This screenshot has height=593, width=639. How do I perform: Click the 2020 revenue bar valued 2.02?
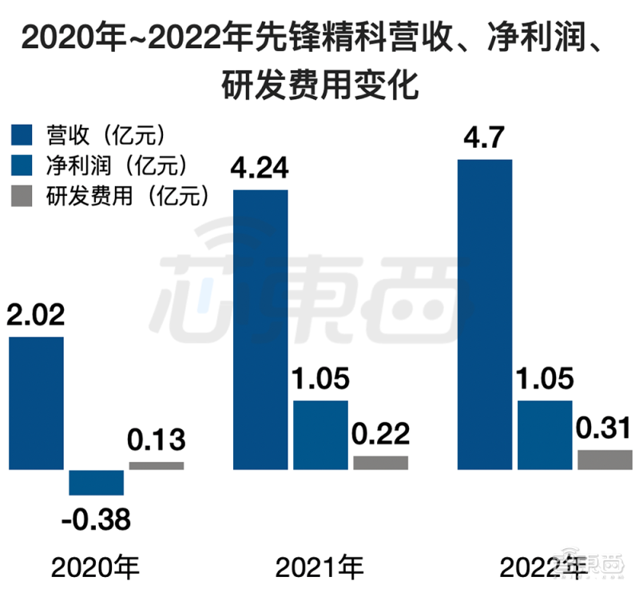click(36, 403)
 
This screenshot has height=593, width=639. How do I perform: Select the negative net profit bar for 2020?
click(96, 482)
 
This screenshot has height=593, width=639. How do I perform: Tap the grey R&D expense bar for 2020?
click(157, 465)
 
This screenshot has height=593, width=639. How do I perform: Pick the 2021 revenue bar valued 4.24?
click(260, 329)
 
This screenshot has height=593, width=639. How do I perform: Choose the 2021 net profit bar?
click(320, 435)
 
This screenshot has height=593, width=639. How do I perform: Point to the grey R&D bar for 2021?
click(380, 462)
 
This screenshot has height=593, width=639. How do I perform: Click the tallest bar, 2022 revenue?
click(484, 314)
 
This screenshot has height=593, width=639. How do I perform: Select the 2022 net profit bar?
click(545, 435)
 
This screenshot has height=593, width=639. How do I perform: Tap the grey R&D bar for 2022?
click(604, 460)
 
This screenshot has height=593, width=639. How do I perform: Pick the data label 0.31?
click(604, 429)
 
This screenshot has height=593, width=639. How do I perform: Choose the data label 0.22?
click(380, 434)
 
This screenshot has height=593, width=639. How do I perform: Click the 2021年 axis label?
click(319, 568)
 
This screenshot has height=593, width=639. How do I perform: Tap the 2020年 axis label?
click(96, 568)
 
